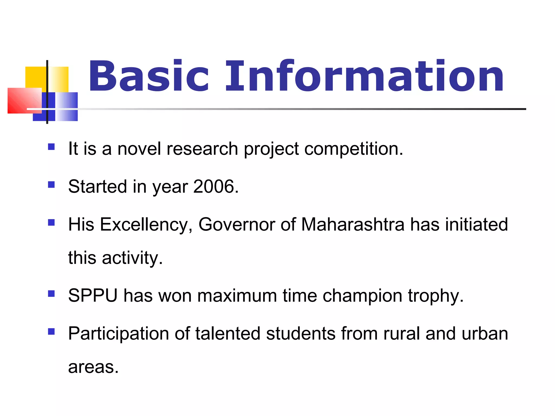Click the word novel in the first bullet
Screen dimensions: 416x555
click(139, 149)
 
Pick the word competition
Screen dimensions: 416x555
click(353, 149)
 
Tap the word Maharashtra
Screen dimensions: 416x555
click(353, 225)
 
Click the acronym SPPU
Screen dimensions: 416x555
click(93, 295)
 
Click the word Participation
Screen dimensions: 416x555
click(118, 333)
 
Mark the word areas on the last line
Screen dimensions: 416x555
click(93, 367)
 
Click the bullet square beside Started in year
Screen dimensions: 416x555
click(51, 185)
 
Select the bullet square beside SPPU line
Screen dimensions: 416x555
click(51, 294)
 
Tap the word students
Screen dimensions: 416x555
click(301, 333)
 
